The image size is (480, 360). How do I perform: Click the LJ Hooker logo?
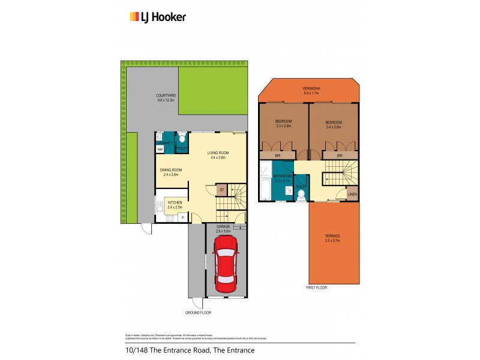(x=158, y=17)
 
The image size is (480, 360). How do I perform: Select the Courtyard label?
(x=165, y=97)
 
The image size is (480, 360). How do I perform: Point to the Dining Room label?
(x=170, y=172)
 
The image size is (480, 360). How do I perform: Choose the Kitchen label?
(x=175, y=205)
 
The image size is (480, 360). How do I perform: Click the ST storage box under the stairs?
(x=222, y=190)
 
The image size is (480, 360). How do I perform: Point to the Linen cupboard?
(x=353, y=194)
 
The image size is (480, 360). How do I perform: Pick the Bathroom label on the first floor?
(x=281, y=178)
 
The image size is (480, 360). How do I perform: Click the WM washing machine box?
(x=160, y=149)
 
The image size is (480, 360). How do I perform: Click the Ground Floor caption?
(x=197, y=313)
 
